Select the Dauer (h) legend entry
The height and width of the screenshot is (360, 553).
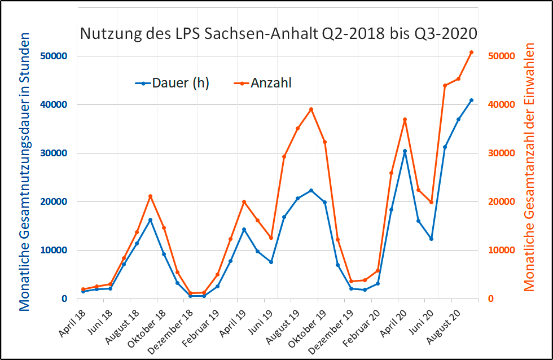tap(172, 84)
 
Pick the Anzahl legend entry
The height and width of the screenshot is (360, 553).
tap(264, 84)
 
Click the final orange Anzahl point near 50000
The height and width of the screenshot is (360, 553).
tap(472, 52)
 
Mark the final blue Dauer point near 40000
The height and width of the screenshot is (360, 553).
tap(472, 100)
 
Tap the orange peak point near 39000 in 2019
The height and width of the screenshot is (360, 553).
tap(311, 109)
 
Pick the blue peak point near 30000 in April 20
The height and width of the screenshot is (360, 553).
tap(405, 151)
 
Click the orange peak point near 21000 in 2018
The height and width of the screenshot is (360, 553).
tap(150, 196)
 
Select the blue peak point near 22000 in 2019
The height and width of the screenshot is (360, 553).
tap(311, 191)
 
